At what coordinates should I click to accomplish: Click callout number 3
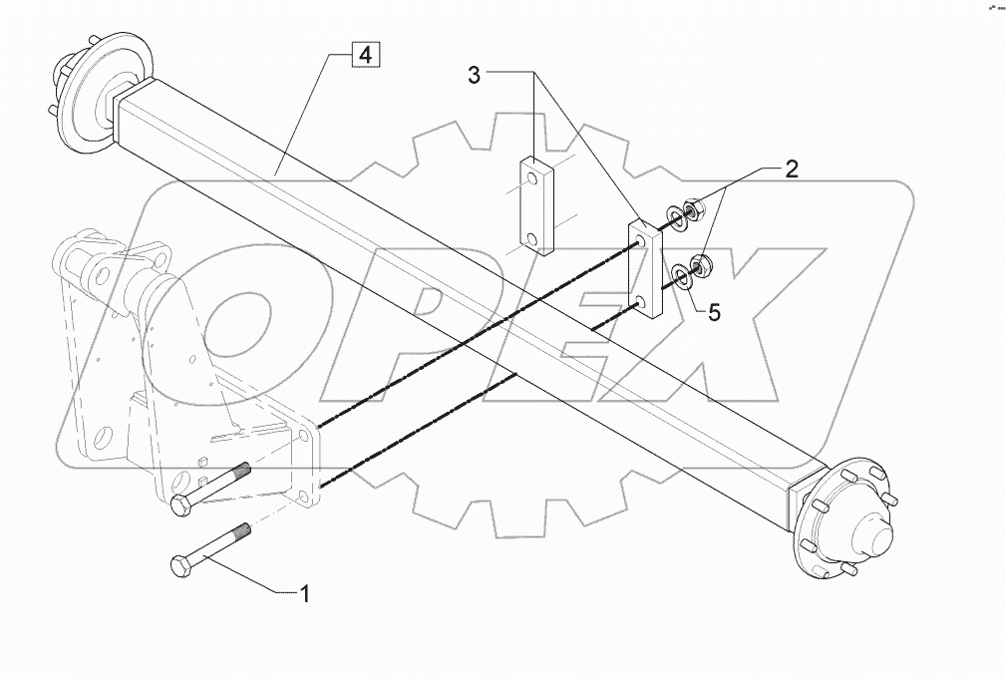pyautogui.click(x=476, y=75)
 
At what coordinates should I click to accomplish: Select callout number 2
pyautogui.click(x=791, y=170)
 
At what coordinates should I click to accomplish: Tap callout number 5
pyautogui.click(x=714, y=312)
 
